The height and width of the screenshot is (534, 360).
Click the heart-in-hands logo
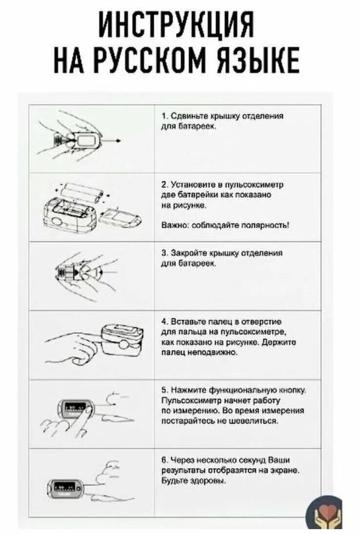[324, 513]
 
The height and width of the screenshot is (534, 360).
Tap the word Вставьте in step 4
[183, 322]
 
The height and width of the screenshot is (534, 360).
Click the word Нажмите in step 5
[183, 391]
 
